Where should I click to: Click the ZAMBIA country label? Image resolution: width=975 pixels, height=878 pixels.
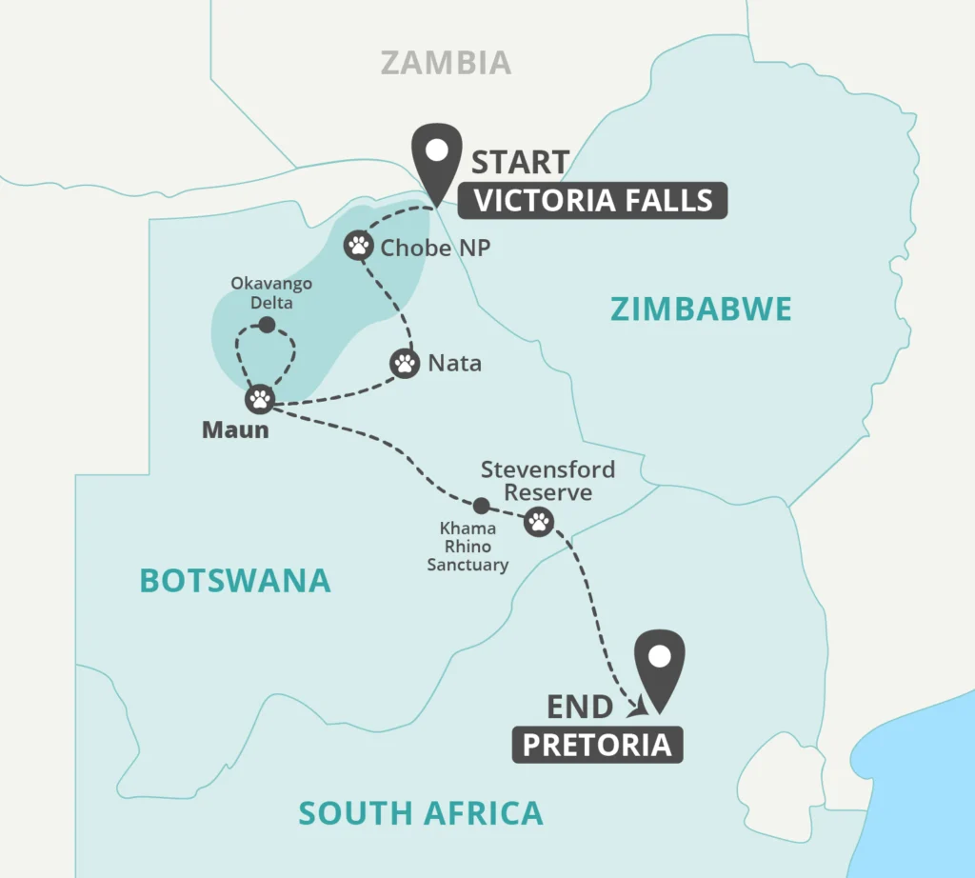click(x=446, y=63)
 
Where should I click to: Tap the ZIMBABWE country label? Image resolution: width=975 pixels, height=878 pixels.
click(x=702, y=309)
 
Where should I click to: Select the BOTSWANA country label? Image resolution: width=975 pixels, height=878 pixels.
click(x=235, y=580)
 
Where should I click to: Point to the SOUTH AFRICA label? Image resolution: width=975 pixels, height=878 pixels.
click(x=421, y=813)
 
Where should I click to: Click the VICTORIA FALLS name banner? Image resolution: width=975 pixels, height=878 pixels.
click(x=593, y=201)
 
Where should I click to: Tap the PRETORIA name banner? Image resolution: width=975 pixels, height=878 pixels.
click(x=598, y=744)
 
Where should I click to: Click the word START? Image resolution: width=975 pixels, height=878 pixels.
click(x=521, y=162)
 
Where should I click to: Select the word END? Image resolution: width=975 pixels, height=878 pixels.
click(x=580, y=707)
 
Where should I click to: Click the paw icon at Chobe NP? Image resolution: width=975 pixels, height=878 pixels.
click(x=358, y=247)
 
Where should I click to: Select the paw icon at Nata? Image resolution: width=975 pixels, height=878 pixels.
click(x=405, y=363)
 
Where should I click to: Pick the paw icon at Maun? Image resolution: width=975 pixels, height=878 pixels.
click(x=259, y=399)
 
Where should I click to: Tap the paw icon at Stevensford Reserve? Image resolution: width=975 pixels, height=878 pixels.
click(x=538, y=521)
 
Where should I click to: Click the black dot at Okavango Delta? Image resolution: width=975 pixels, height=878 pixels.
click(x=267, y=326)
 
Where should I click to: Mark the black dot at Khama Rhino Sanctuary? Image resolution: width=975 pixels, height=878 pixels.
click(x=482, y=505)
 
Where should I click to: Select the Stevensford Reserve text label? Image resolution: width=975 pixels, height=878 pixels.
click(x=547, y=481)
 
